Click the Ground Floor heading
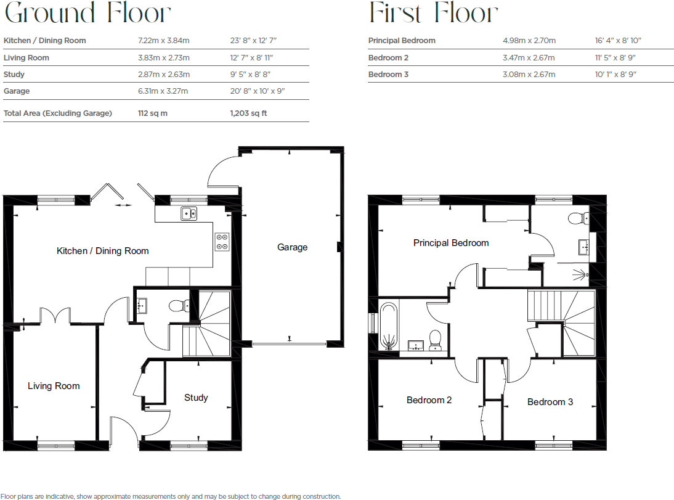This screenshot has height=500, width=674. pos(87,13)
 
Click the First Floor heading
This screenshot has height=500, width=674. pos(433,13)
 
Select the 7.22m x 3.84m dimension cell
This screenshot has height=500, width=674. pos(164,41)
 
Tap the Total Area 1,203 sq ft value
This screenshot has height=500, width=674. pos(248,113)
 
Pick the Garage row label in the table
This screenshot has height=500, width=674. pos(17,91)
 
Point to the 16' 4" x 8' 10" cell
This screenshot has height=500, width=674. pos(618,41)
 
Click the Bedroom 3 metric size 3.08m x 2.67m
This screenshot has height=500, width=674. pos(529,75)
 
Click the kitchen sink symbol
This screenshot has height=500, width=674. pos(189,214)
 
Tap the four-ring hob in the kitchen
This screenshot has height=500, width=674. pos(222,242)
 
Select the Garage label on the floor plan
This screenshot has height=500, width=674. pos(292,247)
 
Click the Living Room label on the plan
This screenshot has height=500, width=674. pos(54,386)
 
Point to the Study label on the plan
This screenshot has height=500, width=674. pos(196,398)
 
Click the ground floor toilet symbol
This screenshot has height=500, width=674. pos(178,305)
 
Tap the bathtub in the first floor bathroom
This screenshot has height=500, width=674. pos(389,325)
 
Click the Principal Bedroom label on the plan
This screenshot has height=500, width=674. pos(451,243)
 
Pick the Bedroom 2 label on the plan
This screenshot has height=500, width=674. pos(429,400)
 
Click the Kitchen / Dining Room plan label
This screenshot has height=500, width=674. pos(103,251)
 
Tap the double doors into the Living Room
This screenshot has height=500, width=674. pos(55,316)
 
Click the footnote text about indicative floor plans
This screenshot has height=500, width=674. pos(171,496)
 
